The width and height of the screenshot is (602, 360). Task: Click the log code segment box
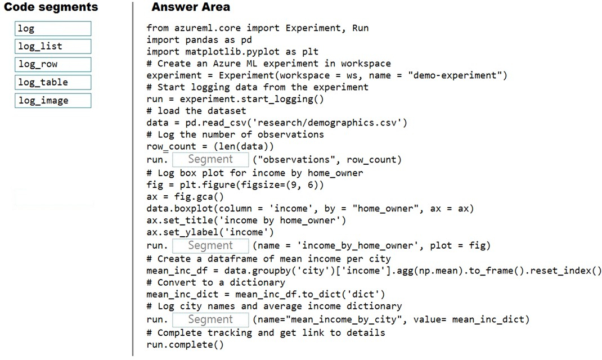click(x=53, y=28)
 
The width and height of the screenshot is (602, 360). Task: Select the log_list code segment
click(x=53, y=47)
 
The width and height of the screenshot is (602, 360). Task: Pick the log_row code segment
click(x=53, y=65)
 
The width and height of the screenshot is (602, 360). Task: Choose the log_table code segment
click(x=53, y=83)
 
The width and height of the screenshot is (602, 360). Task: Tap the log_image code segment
click(x=53, y=101)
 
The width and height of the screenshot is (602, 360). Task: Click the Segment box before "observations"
click(x=210, y=159)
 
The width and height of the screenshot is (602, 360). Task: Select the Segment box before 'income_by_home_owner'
click(x=210, y=246)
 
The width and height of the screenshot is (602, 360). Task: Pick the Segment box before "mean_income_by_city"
click(x=210, y=319)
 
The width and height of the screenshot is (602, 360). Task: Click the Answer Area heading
click(x=191, y=7)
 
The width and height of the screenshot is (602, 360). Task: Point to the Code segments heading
click(x=51, y=7)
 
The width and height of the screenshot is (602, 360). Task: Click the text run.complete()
click(x=185, y=345)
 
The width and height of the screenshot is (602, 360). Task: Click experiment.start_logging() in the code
click(x=252, y=99)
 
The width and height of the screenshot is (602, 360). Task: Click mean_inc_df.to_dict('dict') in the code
click(x=310, y=294)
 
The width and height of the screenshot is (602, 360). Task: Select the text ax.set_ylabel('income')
click(x=210, y=232)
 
